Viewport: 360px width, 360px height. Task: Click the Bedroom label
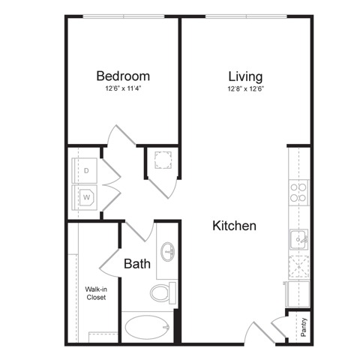(x=123, y=76)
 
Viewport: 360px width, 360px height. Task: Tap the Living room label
(x=245, y=76)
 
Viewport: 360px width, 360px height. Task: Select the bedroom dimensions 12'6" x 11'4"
(x=124, y=88)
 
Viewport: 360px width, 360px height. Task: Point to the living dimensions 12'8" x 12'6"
(x=246, y=88)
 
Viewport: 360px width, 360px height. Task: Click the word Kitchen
(x=234, y=226)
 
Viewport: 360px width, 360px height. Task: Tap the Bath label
(x=137, y=264)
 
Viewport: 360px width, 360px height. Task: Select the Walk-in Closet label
(x=96, y=293)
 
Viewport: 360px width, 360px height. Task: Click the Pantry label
(x=304, y=327)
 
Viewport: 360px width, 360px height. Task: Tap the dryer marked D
(x=85, y=170)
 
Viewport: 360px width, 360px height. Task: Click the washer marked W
(x=85, y=197)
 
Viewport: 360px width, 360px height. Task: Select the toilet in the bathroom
(x=163, y=292)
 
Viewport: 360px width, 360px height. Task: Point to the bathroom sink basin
(x=168, y=251)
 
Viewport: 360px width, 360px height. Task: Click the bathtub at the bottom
(x=148, y=327)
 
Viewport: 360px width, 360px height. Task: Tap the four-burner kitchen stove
(x=298, y=193)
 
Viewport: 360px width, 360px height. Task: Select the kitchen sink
(x=299, y=239)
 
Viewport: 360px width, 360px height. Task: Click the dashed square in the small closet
(x=163, y=160)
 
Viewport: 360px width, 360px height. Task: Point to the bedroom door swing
(x=121, y=135)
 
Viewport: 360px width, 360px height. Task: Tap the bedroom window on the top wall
(x=124, y=16)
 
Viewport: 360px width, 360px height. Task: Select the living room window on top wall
(x=246, y=16)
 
